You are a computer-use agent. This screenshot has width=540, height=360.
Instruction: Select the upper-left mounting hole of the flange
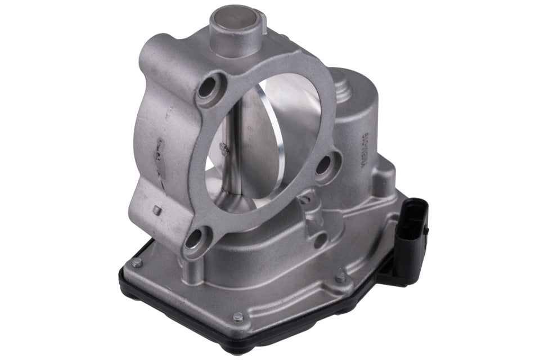(208, 86)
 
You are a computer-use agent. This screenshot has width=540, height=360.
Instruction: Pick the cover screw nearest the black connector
(341, 277)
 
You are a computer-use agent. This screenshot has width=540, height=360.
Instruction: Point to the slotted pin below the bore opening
(306, 197)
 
